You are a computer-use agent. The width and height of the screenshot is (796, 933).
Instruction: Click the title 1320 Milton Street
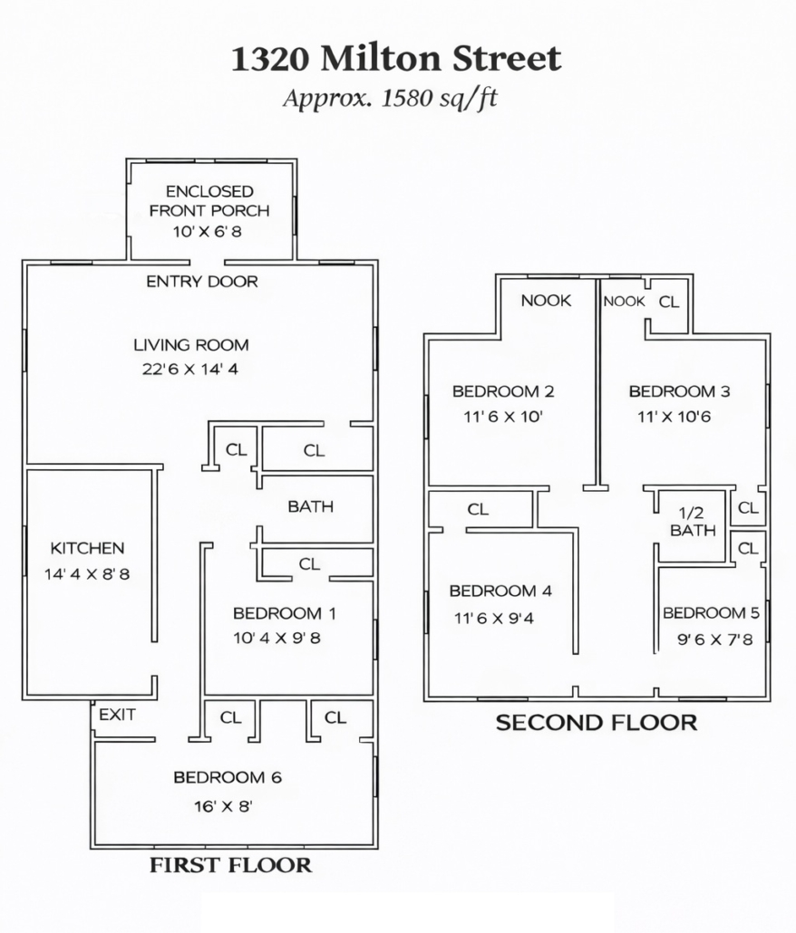(x=396, y=58)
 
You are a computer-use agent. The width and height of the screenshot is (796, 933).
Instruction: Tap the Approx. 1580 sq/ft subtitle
(x=390, y=98)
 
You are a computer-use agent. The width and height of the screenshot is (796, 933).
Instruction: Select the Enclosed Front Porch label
(x=209, y=201)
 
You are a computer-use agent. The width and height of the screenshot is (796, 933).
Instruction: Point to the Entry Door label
(x=202, y=282)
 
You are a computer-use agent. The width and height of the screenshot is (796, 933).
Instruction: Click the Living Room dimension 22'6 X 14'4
(x=189, y=369)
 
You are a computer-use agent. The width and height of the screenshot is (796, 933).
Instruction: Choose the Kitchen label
(x=87, y=548)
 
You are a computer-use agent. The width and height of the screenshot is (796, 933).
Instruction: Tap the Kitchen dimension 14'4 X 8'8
(x=87, y=574)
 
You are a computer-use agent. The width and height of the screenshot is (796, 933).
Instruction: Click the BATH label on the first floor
(x=310, y=506)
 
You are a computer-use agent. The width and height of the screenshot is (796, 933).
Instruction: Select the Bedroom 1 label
(x=285, y=613)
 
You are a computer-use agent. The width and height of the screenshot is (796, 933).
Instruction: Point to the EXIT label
(x=117, y=714)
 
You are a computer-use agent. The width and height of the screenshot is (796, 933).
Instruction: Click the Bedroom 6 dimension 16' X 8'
(x=223, y=806)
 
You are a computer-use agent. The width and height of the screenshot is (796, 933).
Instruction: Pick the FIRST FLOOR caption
(x=230, y=864)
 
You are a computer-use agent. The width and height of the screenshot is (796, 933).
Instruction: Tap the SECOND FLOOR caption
(x=597, y=722)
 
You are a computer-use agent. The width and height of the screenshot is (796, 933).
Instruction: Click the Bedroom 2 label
(x=503, y=391)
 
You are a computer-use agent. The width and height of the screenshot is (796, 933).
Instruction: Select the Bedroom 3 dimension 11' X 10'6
(x=674, y=417)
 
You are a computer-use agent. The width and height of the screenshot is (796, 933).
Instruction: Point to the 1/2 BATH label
(x=693, y=521)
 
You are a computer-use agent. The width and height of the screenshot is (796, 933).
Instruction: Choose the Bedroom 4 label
(x=500, y=591)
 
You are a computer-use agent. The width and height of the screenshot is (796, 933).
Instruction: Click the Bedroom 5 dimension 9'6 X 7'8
(x=715, y=640)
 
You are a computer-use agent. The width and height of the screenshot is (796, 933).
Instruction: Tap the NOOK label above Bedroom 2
(x=546, y=301)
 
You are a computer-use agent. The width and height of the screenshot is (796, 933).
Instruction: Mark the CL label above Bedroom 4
(x=478, y=509)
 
